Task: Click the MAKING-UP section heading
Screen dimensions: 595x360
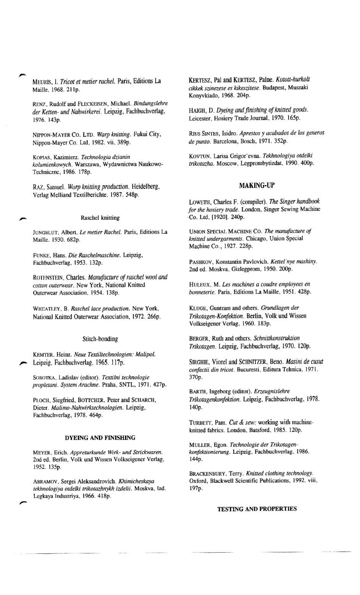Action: point(257,186)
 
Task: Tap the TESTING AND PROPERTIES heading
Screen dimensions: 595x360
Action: point(257,509)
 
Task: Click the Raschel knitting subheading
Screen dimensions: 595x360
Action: point(100,218)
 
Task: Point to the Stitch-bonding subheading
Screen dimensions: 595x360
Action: point(100,339)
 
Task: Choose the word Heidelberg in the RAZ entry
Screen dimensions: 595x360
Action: point(145,187)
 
